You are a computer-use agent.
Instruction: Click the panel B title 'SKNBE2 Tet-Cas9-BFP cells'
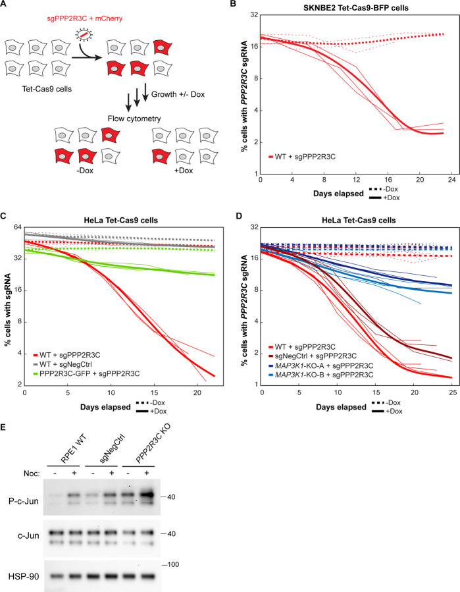coord(356,7)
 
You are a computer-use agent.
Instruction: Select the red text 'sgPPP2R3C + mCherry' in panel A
coord(84,18)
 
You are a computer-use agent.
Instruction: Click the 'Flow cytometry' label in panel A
coord(134,119)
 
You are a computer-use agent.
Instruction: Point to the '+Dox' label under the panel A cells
coord(184,171)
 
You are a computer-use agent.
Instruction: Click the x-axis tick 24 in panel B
coord(452,180)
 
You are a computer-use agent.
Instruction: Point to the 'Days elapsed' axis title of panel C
coord(105,407)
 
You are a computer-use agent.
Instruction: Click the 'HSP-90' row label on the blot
coord(24,576)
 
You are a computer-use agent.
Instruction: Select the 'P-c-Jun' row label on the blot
coord(24,501)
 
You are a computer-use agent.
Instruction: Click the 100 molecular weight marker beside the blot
coord(173,565)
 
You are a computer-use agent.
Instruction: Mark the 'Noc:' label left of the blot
coord(32,473)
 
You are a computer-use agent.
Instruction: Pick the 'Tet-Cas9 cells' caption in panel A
coord(47,90)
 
